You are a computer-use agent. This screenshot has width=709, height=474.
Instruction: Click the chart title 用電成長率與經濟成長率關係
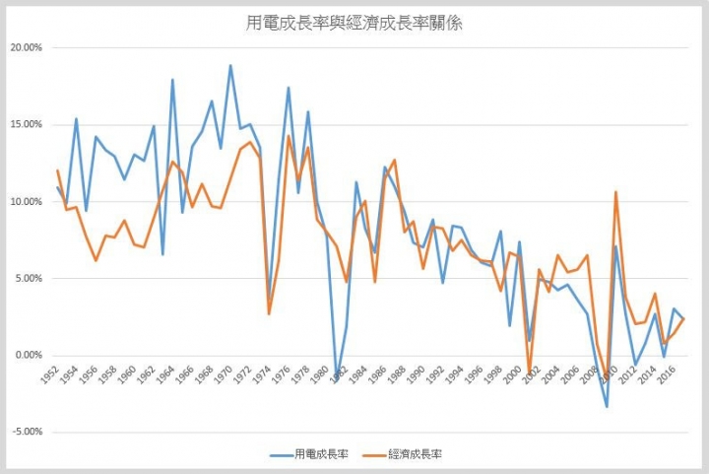354,23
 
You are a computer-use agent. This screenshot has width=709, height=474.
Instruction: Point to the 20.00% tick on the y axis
26,47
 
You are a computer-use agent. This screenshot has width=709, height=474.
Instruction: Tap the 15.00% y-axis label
26,124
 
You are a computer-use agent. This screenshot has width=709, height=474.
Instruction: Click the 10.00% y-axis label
26,201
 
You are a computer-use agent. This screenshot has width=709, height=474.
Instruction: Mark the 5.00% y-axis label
28,278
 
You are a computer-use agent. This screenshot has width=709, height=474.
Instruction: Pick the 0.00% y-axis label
28,355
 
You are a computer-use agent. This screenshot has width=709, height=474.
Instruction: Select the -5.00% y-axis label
27,432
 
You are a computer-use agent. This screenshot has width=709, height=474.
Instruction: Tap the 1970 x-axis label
224,375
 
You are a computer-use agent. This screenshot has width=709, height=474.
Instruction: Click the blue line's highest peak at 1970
230,66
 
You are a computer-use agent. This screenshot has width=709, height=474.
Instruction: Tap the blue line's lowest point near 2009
607,407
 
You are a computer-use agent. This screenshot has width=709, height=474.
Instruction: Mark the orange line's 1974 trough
269,313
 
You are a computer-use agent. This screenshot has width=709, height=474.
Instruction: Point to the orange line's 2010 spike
615,192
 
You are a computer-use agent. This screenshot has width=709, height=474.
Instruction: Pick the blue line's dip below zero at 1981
336,380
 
